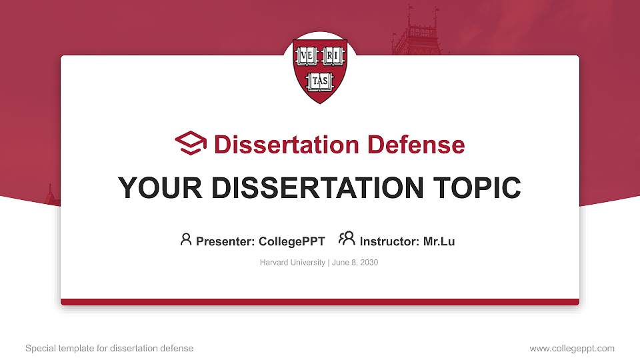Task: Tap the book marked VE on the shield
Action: coord(307,56)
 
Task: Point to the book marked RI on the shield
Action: coord(333,56)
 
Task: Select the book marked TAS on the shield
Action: coord(320,81)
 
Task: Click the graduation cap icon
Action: coord(191,143)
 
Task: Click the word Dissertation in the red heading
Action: coord(287,145)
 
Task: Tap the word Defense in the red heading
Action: coord(416,145)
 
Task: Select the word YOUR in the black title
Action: coord(160,188)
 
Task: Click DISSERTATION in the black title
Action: coord(317,188)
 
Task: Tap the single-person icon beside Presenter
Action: coord(186,239)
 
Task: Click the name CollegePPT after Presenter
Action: coord(292,241)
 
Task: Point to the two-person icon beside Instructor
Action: coord(347,239)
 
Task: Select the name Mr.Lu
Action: coord(439,241)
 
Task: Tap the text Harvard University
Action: coord(292,263)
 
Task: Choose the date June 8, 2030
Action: coord(355,263)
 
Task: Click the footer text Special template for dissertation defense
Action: coord(109,348)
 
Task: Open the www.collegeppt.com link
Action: coord(572,348)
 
